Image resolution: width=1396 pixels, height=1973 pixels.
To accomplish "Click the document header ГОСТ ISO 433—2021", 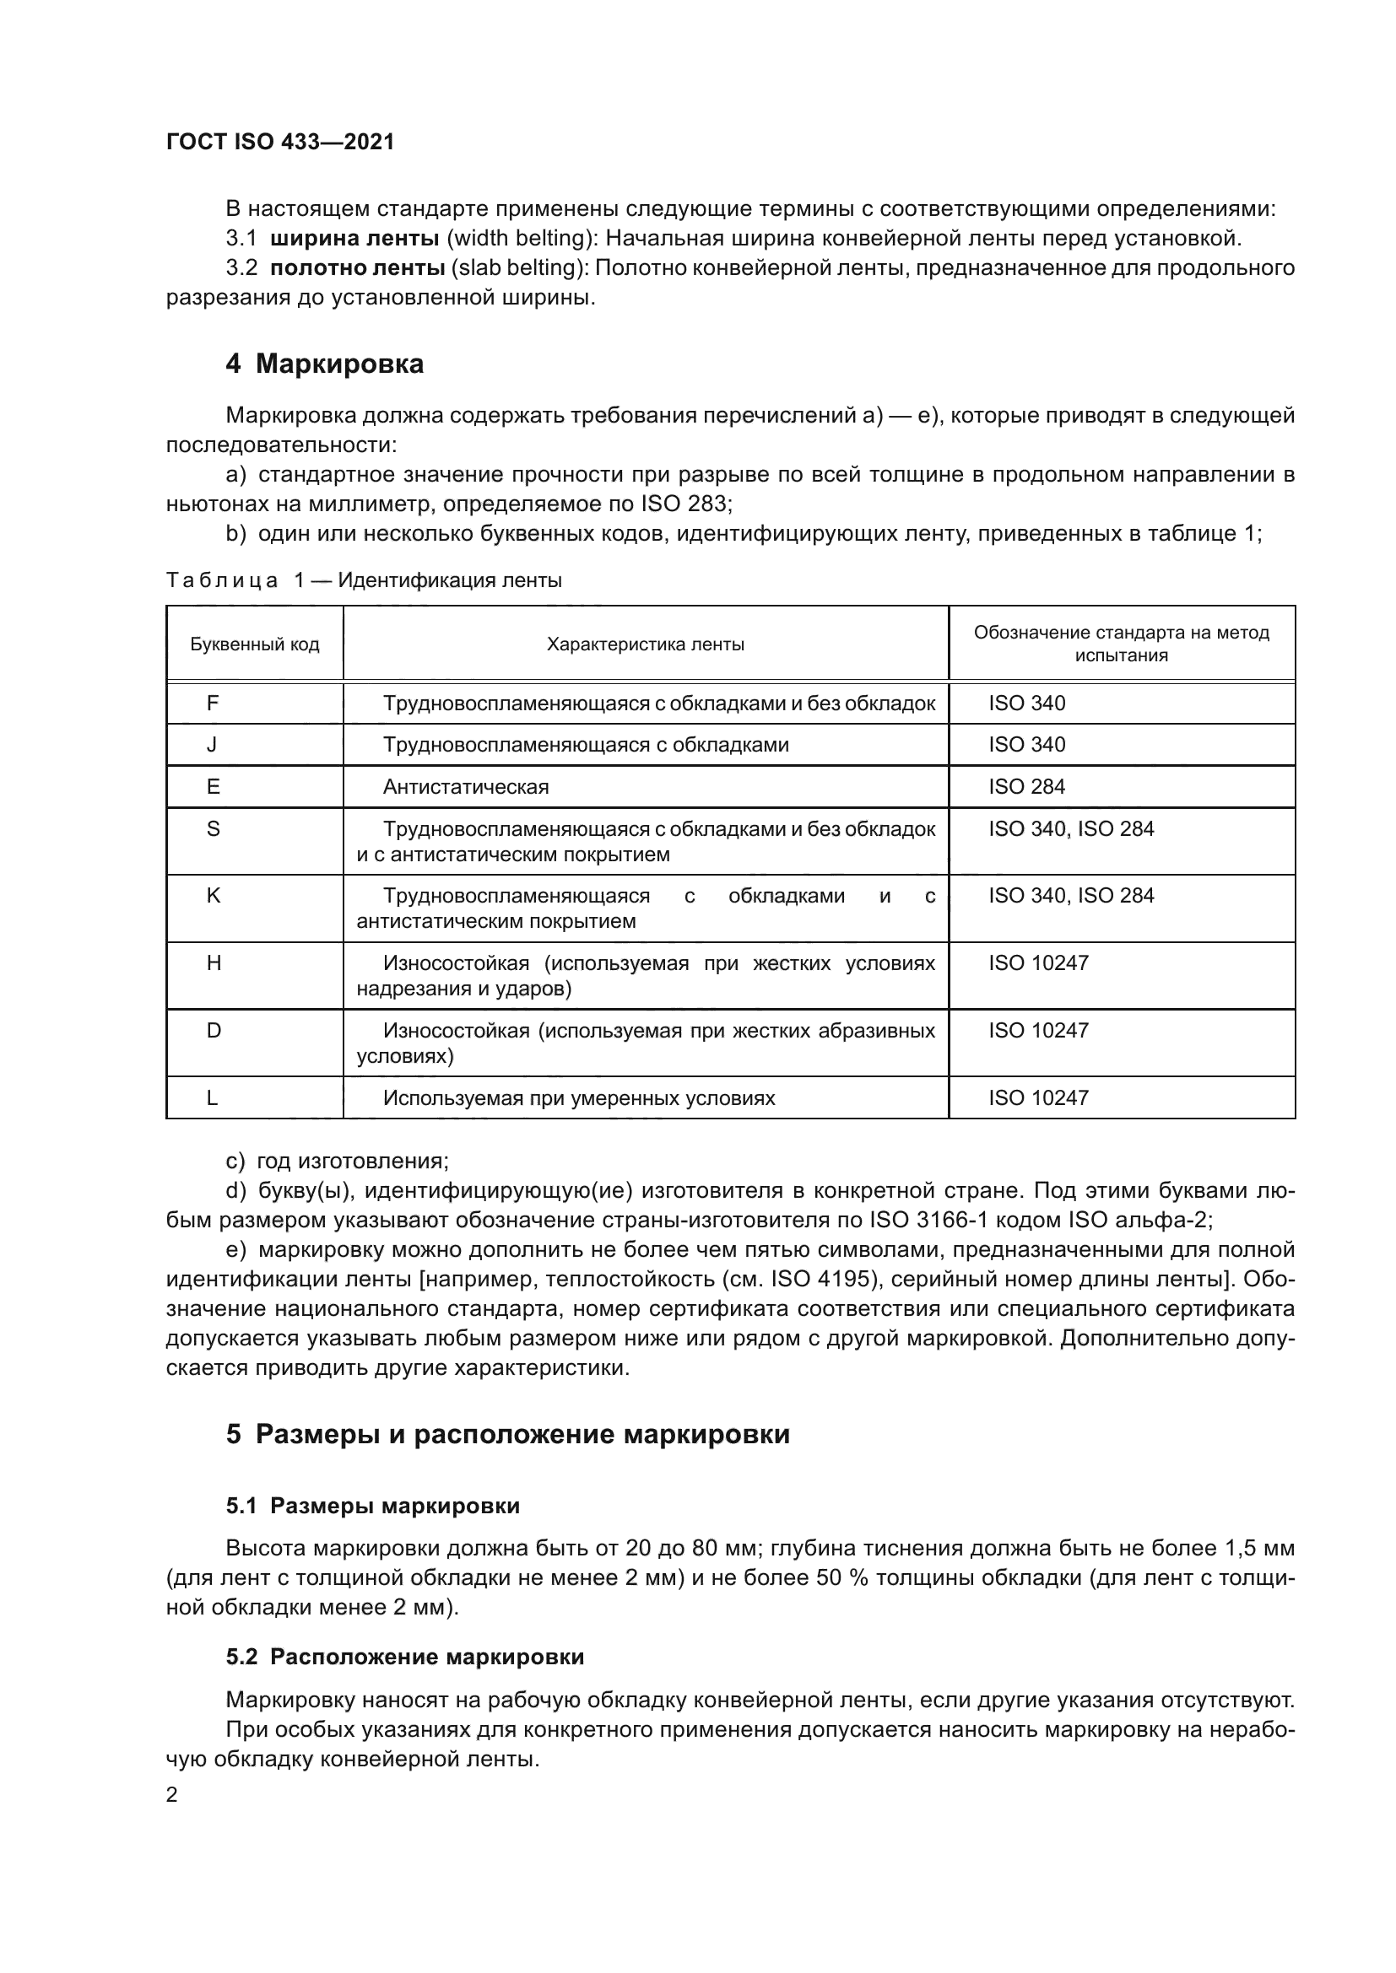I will [x=280, y=142].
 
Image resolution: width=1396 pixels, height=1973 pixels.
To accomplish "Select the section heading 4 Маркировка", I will [x=324, y=364].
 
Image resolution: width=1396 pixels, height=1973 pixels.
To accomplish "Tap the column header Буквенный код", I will [x=254, y=644].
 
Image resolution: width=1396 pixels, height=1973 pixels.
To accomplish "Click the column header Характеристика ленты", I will [x=646, y=644].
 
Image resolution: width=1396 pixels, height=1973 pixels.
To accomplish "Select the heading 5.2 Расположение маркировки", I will [x=405, y=1657].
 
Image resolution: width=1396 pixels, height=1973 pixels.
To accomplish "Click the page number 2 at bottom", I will [x=172, y=1794].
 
